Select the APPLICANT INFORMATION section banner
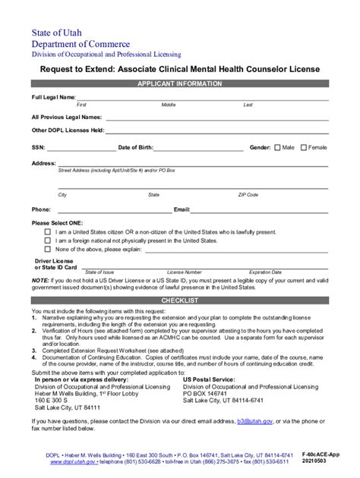point(179,83)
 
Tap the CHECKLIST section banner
point(180,300)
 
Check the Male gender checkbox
point(277,147)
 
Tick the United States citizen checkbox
point(48,231)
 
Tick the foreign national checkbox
point(48,240)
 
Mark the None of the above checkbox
point(48,248)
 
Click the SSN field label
point(38,147)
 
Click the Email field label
point(182,209)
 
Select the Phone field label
point(41,209)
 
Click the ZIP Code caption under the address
point(248,195)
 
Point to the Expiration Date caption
point(265,272)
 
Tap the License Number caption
point(184,272)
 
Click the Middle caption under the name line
point(169,105)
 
